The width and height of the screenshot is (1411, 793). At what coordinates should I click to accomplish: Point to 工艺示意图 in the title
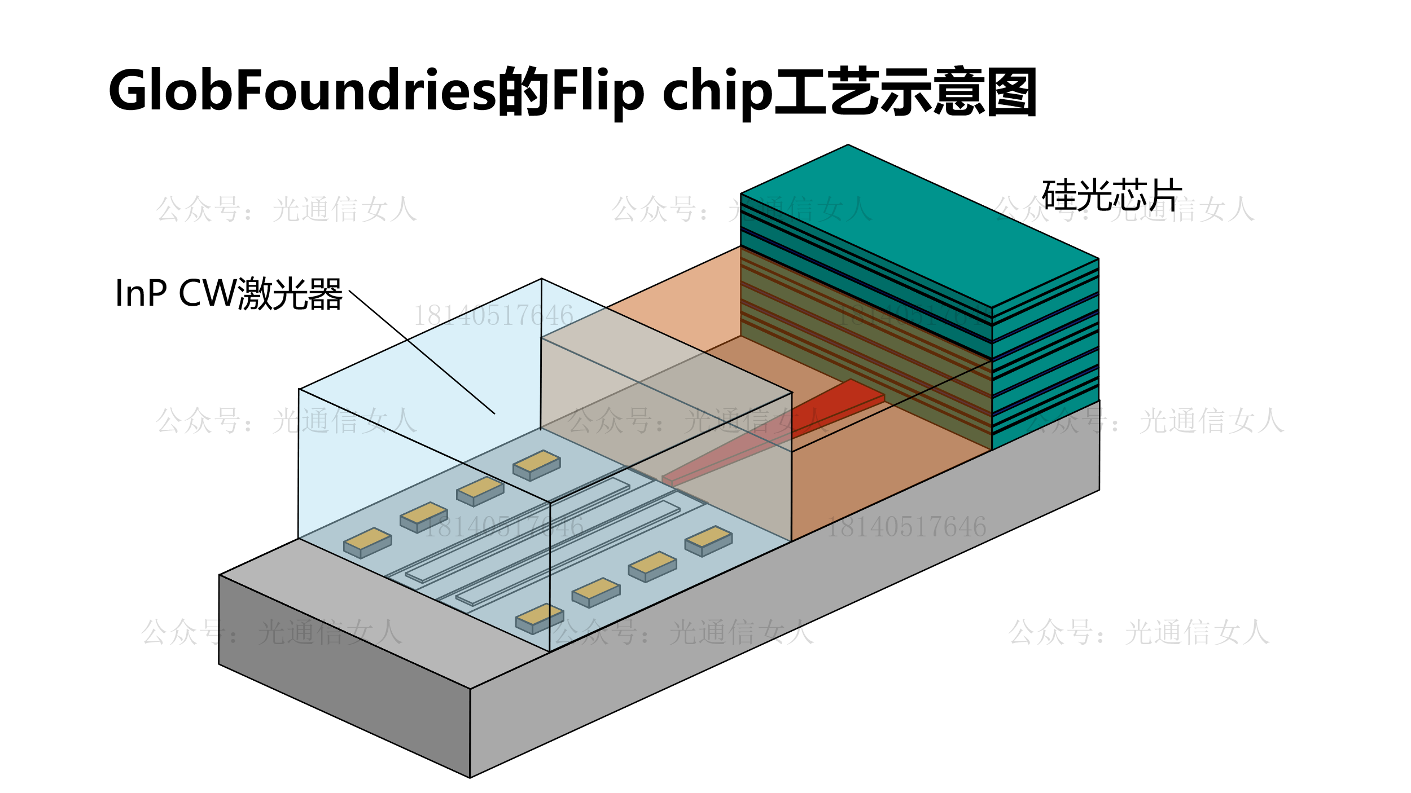(905, 91)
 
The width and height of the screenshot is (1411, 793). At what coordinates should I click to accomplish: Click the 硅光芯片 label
(1111, 195)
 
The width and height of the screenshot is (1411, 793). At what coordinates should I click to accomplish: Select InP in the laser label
(141, 293)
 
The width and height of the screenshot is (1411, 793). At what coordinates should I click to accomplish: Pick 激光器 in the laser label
(290, 293)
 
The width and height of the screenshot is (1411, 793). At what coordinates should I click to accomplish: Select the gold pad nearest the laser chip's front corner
(540, 618)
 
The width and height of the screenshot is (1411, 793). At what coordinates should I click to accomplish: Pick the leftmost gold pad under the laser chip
(367, 542)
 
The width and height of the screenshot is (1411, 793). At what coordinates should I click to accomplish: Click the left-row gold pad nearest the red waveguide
(536, 464)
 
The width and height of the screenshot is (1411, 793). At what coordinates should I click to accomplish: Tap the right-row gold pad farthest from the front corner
(708, 540)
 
